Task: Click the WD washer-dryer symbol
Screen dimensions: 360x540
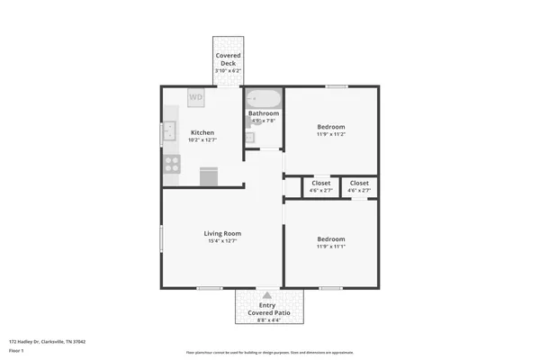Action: pyautogui.click(x=196, y=96)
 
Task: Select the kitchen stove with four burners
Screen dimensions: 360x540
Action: pyautogui.click(x=171, y=164)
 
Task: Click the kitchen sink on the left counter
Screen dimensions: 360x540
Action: pyautogui.click(x=168, y=133)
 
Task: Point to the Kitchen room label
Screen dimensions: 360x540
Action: pyautogui.click(x=202, y=132)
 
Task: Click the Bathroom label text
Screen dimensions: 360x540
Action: pyautogui.click(x=264, y=113)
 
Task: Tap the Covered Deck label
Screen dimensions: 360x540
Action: pyautogui.click(x=228, y=60)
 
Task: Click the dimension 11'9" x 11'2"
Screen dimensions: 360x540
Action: pyautogui.click(x=331, y=134)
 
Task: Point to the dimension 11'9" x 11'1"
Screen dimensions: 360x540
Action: pyautogui.click(x=330, y=246)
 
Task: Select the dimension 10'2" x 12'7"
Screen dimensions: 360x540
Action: pyautogui.click(x=202, y=139)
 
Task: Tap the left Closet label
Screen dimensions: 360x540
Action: pyautogui.click(x=321, y=184)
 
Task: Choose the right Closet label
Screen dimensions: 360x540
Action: pyautogui.click(x=359, y=184)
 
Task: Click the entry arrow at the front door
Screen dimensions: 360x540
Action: pyautogui.click(x=267, y=293)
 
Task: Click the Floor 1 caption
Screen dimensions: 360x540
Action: pyautogui.click(x=15, y=351)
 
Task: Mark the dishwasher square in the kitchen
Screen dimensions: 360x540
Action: pyautogui.click(x=209, y=175)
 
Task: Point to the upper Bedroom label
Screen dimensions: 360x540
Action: pyautogui.click(x=331, y=127)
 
